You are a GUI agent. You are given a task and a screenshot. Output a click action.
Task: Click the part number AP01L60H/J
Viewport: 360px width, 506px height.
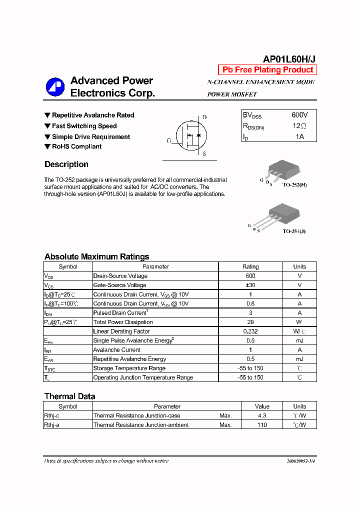[289, 58]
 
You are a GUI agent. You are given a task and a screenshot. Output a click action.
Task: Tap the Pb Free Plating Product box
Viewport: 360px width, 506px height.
[267, 70]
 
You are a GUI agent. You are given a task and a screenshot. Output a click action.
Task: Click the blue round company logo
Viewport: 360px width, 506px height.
[55, 87]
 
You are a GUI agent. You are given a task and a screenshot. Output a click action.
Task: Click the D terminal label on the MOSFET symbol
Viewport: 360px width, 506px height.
[204, 117]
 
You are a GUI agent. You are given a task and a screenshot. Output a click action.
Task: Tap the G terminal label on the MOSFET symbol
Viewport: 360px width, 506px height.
[169, 141]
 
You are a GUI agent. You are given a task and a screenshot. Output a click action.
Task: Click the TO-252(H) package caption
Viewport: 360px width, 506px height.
[295, 185]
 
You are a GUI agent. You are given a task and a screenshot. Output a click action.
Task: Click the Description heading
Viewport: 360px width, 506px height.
[66, 164]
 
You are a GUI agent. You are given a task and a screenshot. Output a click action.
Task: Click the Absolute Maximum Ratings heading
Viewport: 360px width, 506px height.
[96, 256]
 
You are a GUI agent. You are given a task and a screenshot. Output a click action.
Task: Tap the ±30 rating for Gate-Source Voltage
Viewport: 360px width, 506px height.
[250, 285]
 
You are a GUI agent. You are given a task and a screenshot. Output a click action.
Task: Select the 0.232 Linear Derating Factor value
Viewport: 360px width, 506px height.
[250, 331]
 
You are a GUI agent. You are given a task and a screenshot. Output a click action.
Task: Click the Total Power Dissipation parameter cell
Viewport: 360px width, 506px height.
[123, 322]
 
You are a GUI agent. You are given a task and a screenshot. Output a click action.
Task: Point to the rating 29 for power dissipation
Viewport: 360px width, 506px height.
[250, 322]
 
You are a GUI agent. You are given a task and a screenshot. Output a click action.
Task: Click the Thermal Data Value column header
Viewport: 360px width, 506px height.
[262, 406]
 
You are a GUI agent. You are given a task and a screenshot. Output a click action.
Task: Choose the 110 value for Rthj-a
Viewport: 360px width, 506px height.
[262, 425]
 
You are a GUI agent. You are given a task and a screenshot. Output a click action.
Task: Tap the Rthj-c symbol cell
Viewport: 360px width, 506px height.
[52, 415]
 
